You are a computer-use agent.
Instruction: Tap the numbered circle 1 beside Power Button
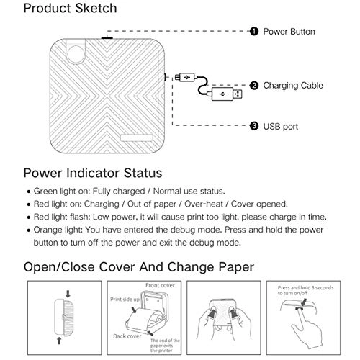(x=253, y=32)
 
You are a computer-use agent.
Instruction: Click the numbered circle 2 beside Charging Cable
(x=253, y=85)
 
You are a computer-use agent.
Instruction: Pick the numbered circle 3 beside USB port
(x=253, y=126)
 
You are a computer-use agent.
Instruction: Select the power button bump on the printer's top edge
(x=108, y=35)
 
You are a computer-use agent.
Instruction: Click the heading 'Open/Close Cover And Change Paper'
(x=138, y=266)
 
